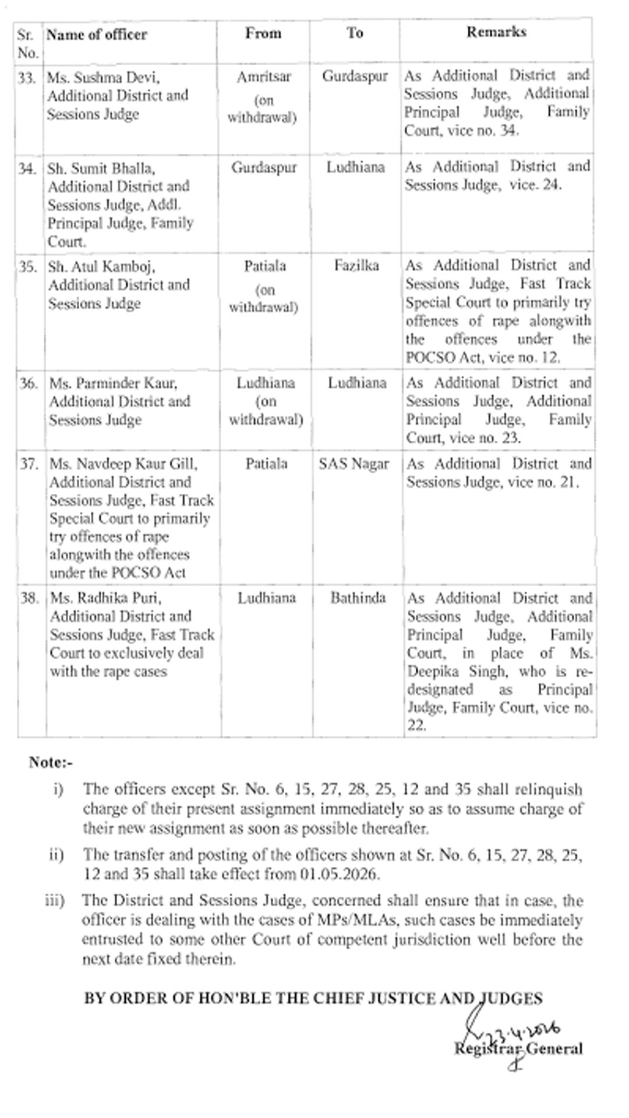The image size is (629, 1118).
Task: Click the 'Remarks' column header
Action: [496, 32]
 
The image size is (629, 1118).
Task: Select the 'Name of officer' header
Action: [97, 35]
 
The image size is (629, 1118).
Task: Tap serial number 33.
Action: [27, 77]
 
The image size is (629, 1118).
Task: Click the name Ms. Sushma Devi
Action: [103, 77]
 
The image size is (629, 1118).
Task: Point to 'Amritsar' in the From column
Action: [263, 77]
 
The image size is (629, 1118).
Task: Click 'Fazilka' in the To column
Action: [356, 266]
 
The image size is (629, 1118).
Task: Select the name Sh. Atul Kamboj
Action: [101, 267]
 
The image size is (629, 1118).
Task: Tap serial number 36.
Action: [28, 383]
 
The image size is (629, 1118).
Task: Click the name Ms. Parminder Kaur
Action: [113, 383]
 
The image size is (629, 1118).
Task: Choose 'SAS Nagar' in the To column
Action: [354, 464]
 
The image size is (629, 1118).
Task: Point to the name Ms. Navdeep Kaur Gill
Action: [123, 464]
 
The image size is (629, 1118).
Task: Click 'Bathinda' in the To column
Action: [358, 598]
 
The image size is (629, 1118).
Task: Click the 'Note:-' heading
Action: [51, 762]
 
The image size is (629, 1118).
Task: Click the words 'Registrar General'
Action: [518, 1049]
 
